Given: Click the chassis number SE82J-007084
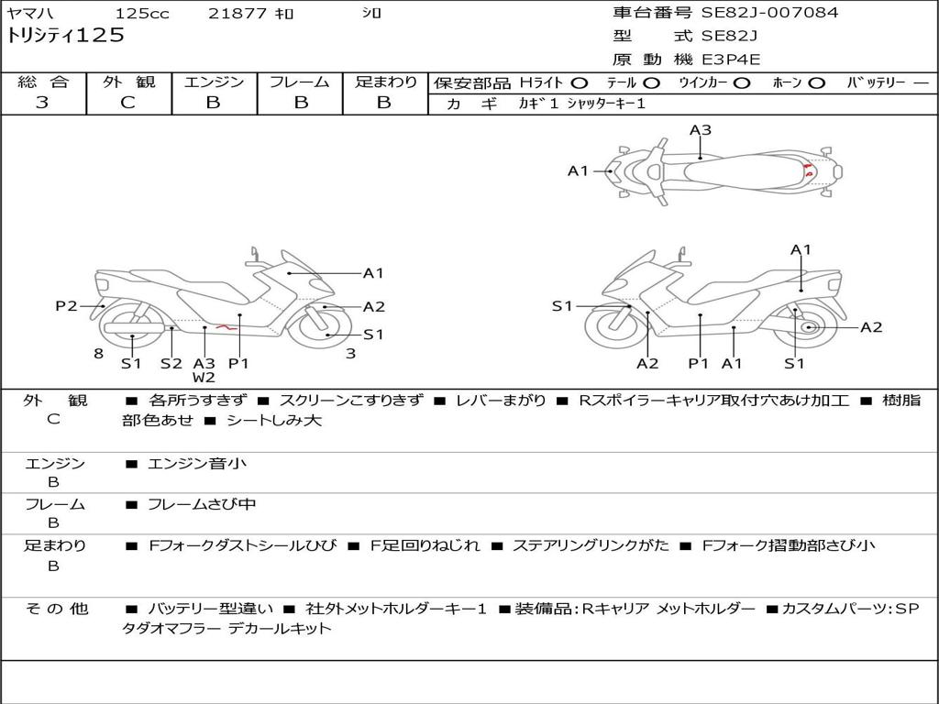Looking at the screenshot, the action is [769, 12].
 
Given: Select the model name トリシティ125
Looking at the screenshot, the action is [65, 36].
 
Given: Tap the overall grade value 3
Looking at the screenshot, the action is [42, 103].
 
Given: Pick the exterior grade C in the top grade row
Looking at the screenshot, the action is [127, 103].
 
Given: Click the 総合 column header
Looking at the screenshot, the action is [43, 82].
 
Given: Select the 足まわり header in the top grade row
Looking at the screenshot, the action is [386, 82].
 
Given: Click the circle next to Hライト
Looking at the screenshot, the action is [580, 83].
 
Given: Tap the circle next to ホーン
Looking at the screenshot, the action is [816, 83].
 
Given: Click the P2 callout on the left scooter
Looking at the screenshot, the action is [66, 306].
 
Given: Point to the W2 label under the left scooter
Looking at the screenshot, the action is [204, 377].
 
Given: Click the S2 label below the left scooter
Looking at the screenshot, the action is [171, 363].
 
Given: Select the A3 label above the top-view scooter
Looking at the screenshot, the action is [700, 130].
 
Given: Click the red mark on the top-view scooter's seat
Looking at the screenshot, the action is [808, 170].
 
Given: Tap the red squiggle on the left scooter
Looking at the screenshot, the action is [226, 327].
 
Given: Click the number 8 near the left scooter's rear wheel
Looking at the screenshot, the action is [99, 354].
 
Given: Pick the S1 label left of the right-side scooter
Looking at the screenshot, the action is [562, 306].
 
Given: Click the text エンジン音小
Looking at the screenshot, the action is [197, 463].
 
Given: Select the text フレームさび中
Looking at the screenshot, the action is [202, 505].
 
